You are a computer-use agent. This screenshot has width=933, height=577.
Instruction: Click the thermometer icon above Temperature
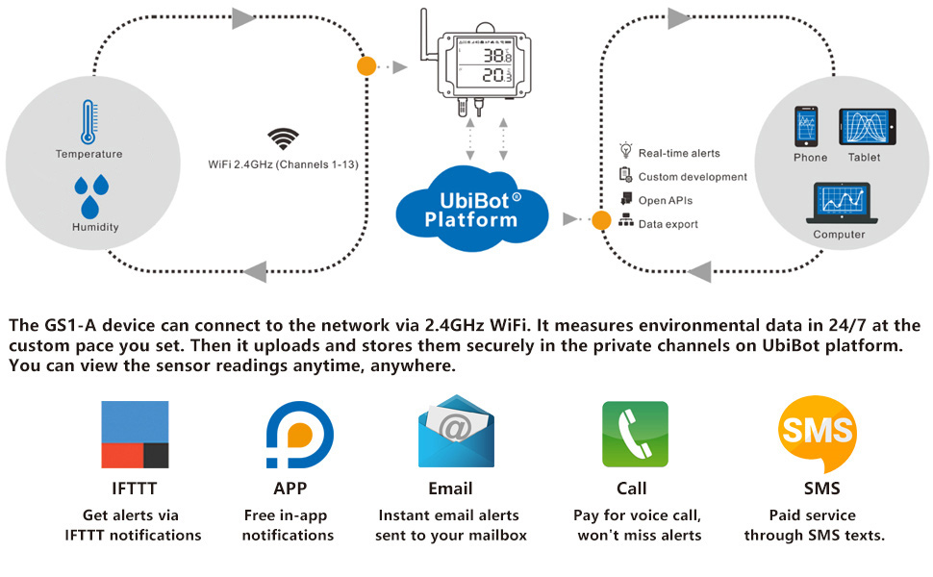point(88,122)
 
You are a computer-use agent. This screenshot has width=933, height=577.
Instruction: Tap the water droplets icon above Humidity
point(89,195)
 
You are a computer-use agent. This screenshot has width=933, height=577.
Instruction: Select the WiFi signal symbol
point(283,140)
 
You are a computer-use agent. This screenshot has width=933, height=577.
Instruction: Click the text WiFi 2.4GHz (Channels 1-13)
point(283,164)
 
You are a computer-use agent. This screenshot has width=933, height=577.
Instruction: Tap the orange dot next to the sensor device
point(366,67)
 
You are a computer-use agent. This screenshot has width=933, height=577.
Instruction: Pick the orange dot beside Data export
point(601,220)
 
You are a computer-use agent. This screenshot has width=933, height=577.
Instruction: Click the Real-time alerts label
point(679,153)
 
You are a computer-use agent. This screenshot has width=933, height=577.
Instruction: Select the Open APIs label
point(666,200)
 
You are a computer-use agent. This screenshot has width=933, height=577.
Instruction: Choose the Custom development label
point(693,177)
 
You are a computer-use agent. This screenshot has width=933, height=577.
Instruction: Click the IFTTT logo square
point(135,435)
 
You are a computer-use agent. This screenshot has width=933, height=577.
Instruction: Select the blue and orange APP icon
point(300,435)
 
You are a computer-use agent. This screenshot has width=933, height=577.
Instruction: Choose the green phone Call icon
point(635,435)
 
